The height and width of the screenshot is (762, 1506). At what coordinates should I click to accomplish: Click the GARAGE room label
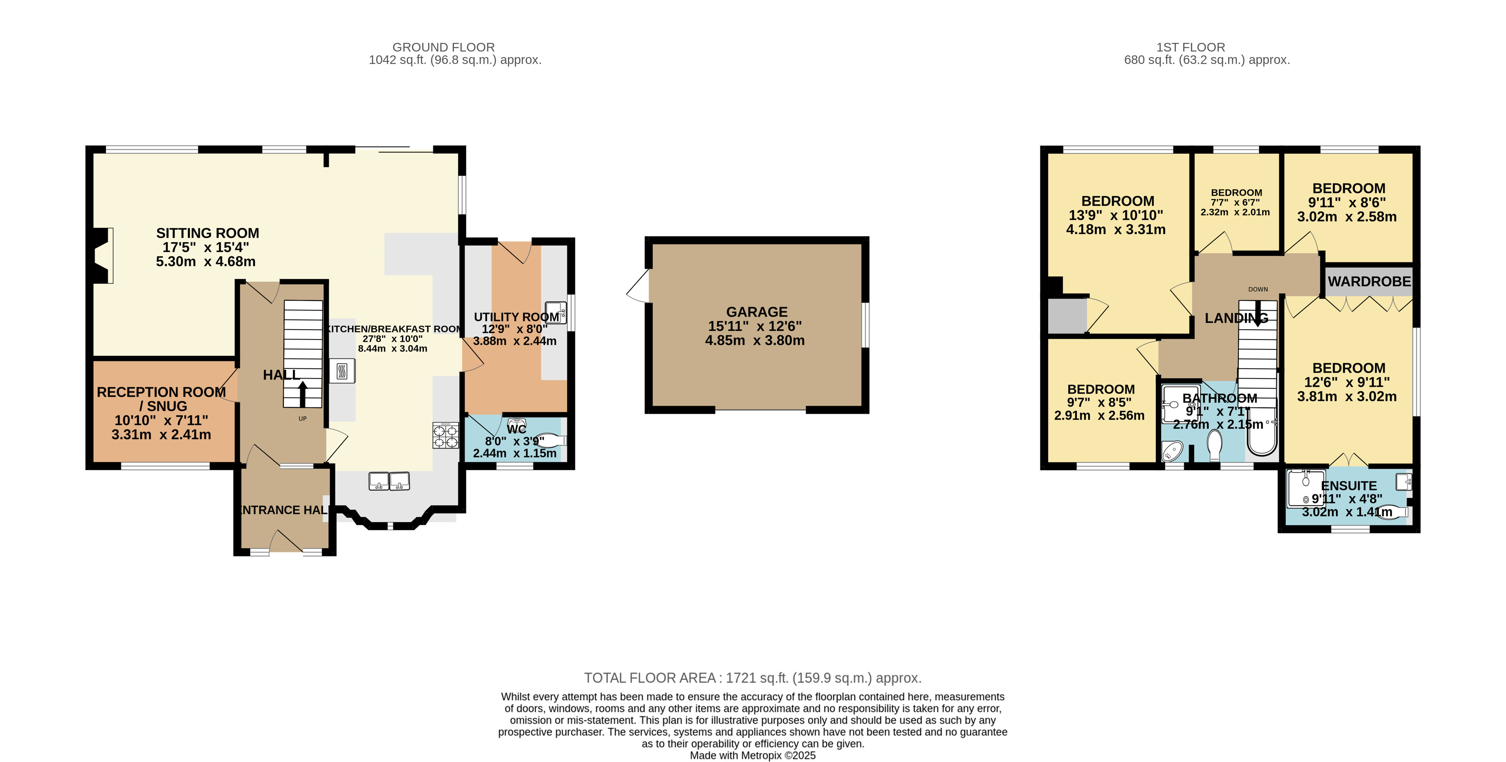pos(757,312)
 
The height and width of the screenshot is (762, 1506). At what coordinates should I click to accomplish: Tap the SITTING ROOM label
pos(207,233)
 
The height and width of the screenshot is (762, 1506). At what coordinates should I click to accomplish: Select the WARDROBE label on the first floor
pos(1369,282)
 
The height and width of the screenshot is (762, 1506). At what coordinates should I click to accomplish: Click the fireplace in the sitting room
pos(103,256)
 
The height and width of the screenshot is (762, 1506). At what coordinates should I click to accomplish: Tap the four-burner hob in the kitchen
pos(445,436)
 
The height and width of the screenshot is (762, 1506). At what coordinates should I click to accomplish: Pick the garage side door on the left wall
pos(638,286)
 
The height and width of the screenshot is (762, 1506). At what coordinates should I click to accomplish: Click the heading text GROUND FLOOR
pos(444,47)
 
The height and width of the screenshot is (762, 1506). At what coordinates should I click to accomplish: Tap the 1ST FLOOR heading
pos(1191,47)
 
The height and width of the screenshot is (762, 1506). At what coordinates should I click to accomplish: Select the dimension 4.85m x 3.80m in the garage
pos(755,340)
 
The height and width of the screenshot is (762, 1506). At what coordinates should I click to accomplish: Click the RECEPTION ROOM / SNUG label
pos(161,399)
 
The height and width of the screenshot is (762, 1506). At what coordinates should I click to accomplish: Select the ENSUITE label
pos(1349,486)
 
